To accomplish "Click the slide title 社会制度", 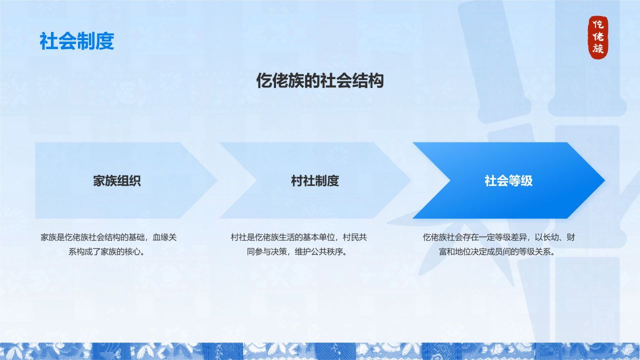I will pos(76,41).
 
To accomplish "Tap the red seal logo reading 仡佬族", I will pos(598,37).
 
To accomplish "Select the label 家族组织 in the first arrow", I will pos(117,180).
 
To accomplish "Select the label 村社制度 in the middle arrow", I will pos(315,180).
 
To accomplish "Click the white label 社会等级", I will pos(508,180).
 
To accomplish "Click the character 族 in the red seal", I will pos(598,49).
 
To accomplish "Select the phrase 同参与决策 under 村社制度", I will pos(267,251).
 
